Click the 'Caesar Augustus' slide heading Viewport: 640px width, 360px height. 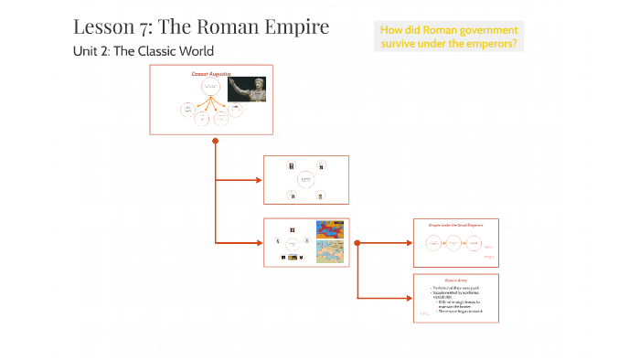pos(210,71)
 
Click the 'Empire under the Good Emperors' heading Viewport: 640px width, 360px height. pos(455,224)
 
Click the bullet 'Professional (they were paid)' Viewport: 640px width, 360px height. pos(456,288)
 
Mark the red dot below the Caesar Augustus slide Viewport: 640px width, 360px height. pos(215,141)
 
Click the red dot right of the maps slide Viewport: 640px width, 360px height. pos(357,243)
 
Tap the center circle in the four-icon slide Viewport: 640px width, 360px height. pos(305,180)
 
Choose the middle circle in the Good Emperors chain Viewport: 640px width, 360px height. pos(454,244)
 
